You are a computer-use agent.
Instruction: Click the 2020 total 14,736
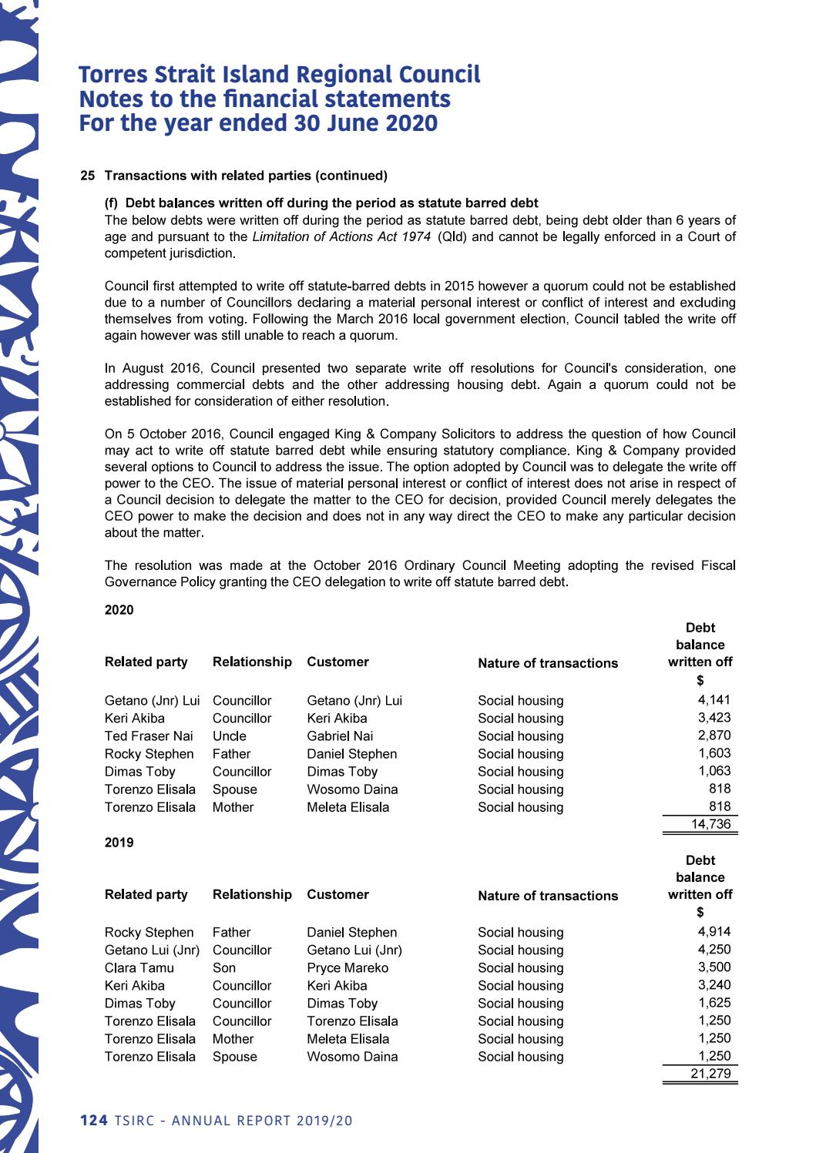tap(710, 824)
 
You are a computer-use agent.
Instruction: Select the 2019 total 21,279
tap(710, 1074)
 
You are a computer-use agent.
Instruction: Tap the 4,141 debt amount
tap(714, 700)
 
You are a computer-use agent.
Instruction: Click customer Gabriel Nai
tap(340, 736)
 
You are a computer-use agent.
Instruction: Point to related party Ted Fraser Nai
tap(149, 736)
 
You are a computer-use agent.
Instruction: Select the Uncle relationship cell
tap(229, 736)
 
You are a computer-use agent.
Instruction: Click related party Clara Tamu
tap(139, 967)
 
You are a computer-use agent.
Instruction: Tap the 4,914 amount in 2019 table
tap(714, 932)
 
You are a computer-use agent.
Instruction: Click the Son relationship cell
tap(224, 967)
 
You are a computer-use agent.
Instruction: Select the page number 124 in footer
tap(93, 1121)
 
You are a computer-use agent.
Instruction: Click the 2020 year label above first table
tap(119, 610)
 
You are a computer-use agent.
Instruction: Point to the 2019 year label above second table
tap(119, 843)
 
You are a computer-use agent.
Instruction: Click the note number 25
tap(87, 176)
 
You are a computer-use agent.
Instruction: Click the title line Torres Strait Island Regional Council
tap(279, 75)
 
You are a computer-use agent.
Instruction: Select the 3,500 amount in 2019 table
tap(714, 967)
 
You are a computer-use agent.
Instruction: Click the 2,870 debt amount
tap(714, 736)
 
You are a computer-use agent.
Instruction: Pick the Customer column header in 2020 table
tap(337, 662)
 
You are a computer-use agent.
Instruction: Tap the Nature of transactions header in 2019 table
tap(547, 896)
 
